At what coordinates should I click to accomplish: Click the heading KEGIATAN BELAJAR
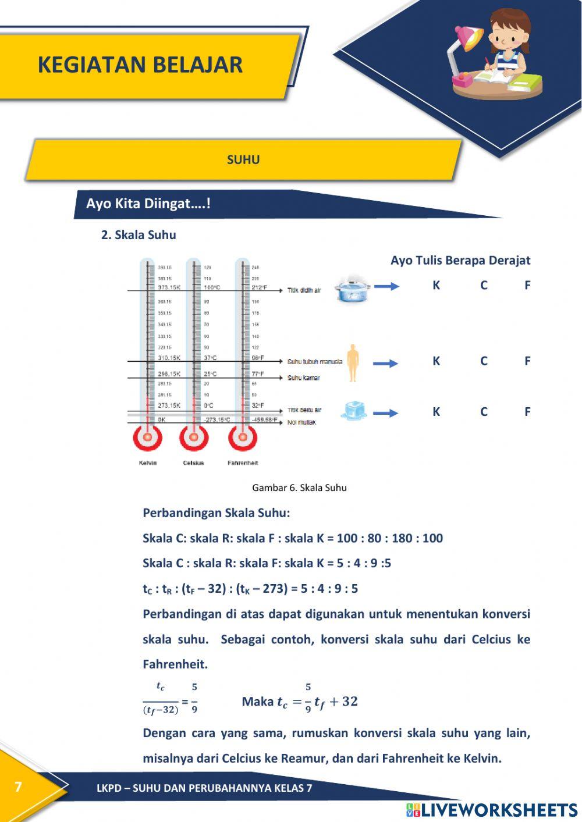click(140, 65)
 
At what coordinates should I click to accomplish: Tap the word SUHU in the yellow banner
click(243, 160)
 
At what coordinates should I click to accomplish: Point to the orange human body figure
click(352, 362)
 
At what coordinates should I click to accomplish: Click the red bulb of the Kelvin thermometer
click(148, 437)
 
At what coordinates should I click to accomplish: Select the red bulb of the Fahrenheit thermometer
click(243, 437)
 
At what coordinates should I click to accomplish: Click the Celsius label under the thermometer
click(193, 463)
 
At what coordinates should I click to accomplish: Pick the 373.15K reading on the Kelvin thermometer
click(169, 287)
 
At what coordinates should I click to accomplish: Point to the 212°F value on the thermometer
click(259, 287)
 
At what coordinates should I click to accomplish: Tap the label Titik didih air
click(304, 290)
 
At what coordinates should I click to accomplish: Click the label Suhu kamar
click(303, 378)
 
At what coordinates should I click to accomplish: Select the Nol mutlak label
click(301, 422)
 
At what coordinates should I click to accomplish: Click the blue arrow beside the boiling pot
click(386, 286)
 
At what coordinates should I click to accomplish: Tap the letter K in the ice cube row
click(436, 412)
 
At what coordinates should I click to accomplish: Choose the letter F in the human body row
click(527, 361)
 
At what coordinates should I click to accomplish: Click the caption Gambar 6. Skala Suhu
click(299, 488)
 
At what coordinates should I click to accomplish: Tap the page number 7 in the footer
click(18, 787)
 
